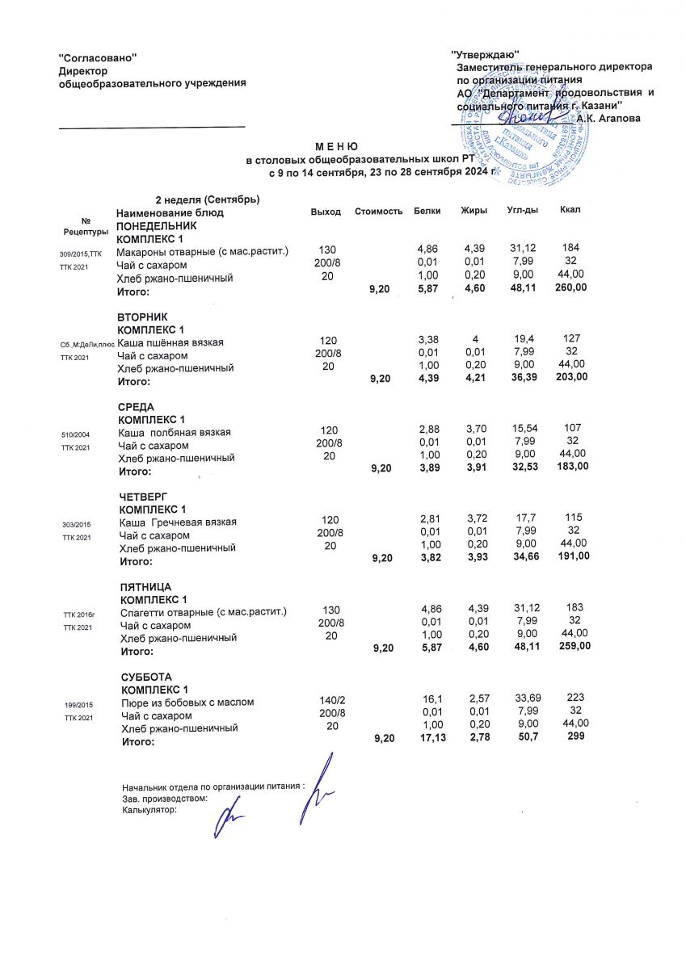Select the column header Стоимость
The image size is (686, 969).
tap(378, 212)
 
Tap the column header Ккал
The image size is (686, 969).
tap(570, 211)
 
